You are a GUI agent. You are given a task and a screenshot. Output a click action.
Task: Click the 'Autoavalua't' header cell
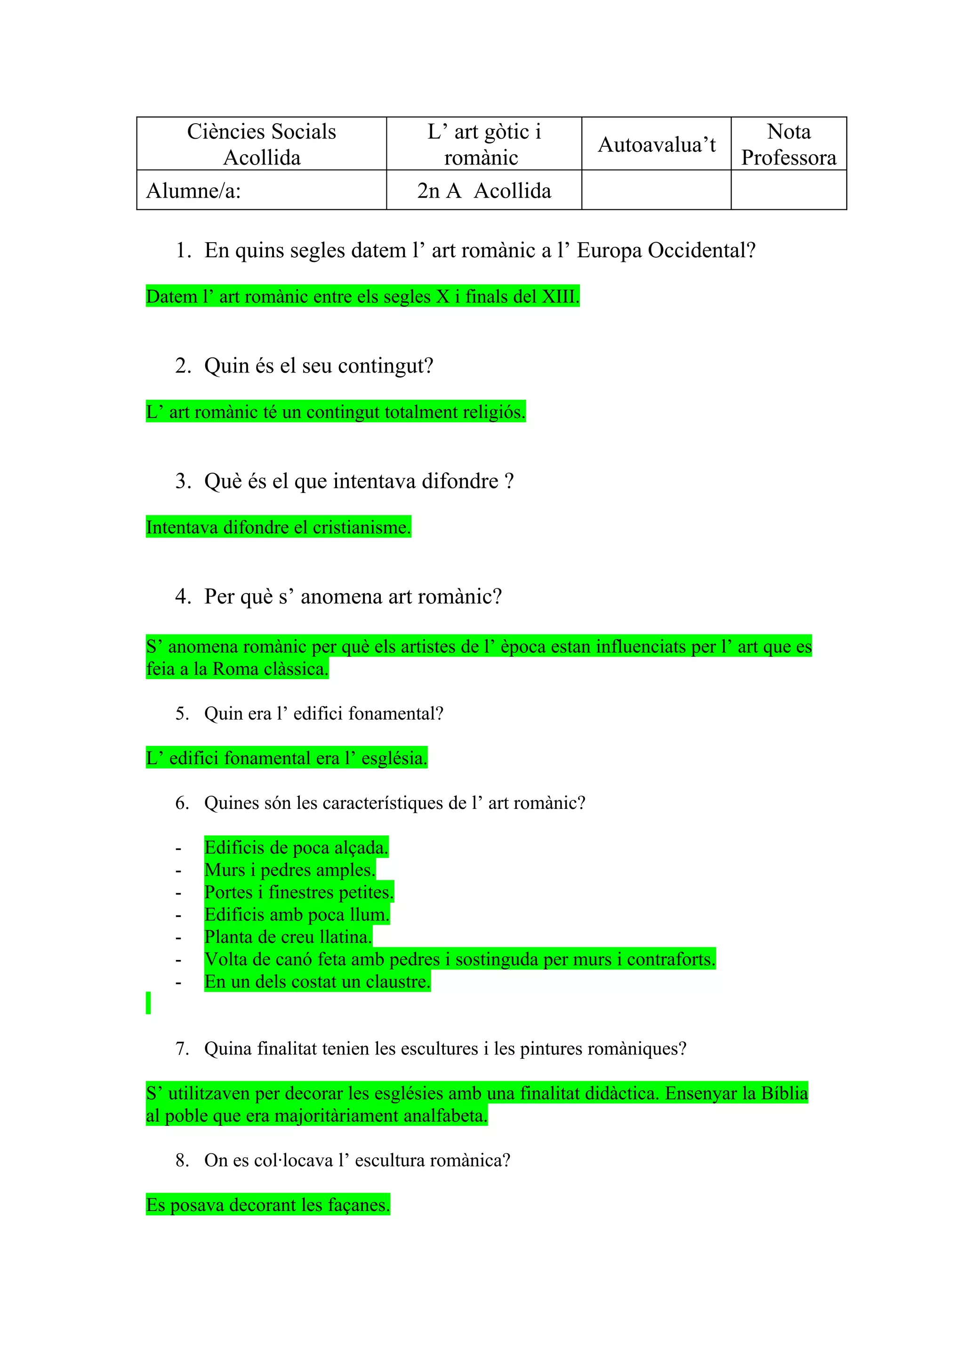(656, 144)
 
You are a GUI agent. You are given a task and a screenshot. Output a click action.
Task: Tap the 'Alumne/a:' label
(193, 190)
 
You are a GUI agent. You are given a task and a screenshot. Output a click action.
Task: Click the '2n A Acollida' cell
(483, 190)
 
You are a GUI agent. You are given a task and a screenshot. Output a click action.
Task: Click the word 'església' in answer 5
(394, 758)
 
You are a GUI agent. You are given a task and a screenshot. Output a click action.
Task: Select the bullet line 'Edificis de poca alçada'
(296, 847)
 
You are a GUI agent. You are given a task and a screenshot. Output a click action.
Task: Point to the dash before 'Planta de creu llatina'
(178, 938)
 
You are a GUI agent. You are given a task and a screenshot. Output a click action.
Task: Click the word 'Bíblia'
(784, 1094)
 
